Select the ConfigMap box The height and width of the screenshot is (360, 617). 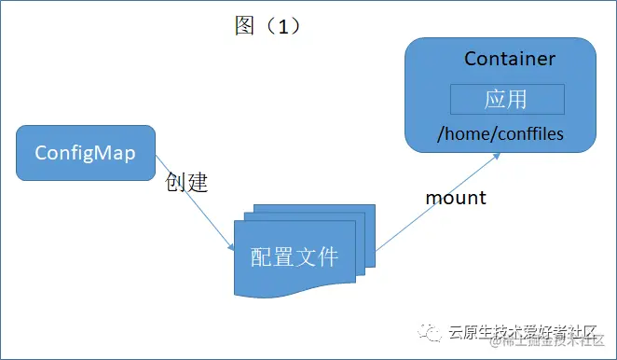pos(86,152)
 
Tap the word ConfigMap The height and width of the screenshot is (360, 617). pos(86,152)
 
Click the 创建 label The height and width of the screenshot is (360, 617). pos(185,182)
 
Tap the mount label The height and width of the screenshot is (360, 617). pos(456,198)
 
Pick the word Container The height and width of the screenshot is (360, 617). pos(510,59)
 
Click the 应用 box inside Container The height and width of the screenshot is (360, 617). pos(507,99)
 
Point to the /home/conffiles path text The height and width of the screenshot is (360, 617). pos(500,134)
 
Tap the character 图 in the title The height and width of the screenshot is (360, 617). pos(244,25)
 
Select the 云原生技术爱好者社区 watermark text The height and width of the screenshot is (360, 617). pos(522,330)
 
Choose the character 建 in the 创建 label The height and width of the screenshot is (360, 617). pos(196,182)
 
